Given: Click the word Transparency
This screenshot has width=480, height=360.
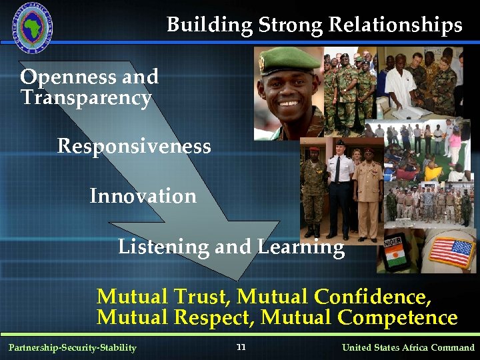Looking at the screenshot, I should coord(86,98).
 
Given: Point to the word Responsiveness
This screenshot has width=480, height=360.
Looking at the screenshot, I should coord(134,146).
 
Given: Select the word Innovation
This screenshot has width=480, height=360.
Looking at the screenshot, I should coord(143,196).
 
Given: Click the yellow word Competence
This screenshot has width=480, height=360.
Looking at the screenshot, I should coord(397,317).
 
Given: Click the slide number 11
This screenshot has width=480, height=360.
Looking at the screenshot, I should coord(241,347).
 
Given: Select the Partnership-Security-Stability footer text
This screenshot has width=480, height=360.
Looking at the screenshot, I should coord(72,347).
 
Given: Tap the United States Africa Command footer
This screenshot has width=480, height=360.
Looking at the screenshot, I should coord(408,347).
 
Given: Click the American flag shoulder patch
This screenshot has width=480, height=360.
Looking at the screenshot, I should coord(451,252).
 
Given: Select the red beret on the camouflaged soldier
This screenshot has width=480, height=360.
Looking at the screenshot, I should coord(314,151).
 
